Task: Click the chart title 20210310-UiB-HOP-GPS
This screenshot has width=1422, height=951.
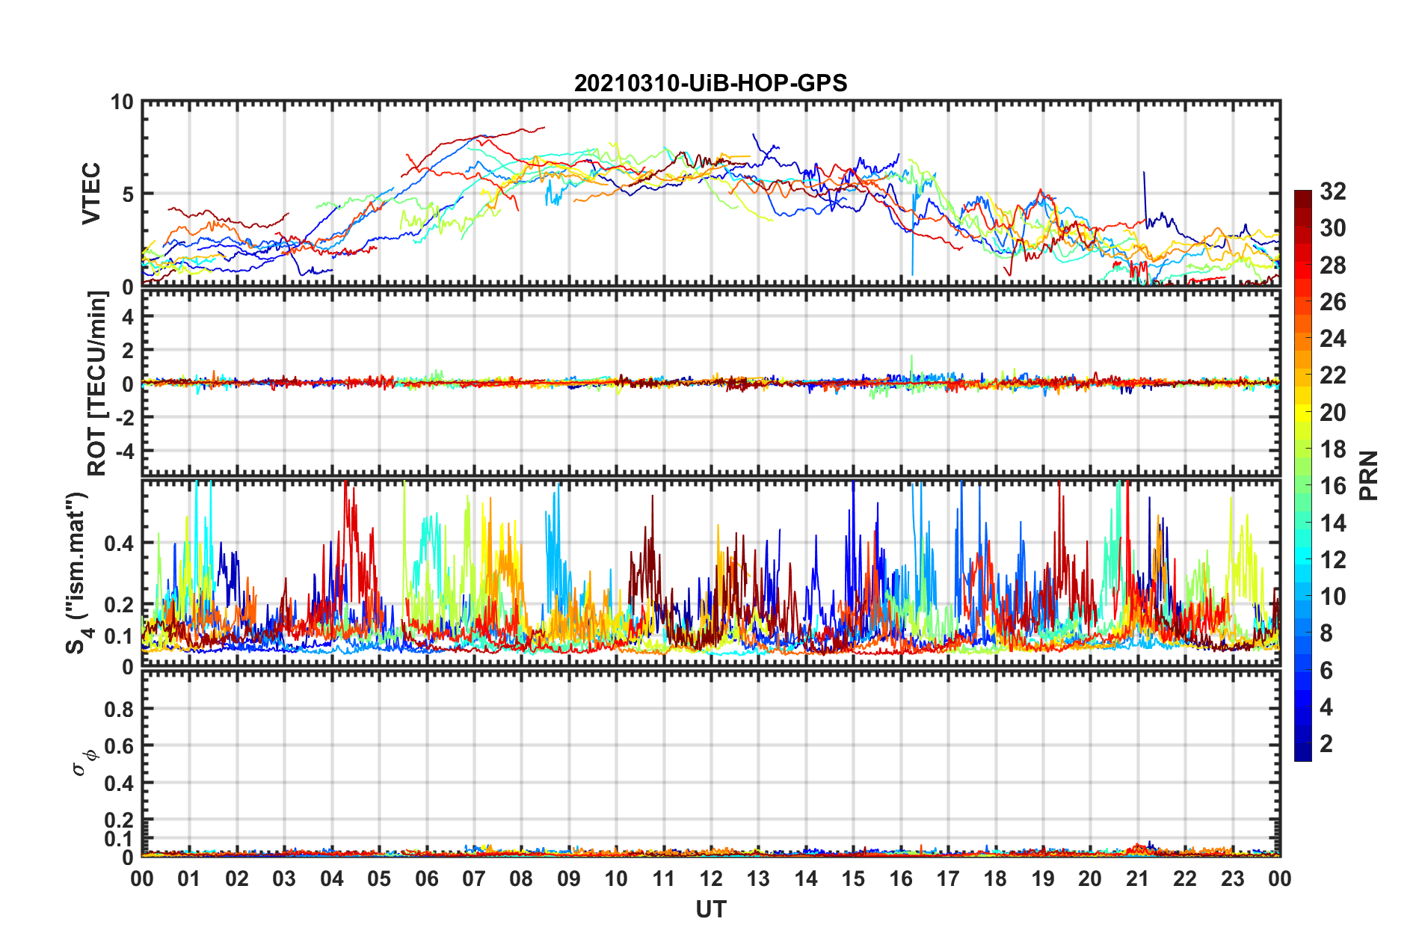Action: click(710, 83)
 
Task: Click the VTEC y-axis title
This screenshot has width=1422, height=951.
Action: click(91, 194)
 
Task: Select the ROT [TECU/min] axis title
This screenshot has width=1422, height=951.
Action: click(97, 384)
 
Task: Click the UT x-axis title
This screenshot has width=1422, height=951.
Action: click(710, 909)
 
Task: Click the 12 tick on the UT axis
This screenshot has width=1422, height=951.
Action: click(711, 878)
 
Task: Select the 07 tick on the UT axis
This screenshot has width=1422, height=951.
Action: click(474, 878)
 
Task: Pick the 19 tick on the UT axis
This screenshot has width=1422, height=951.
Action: click(1043, 878)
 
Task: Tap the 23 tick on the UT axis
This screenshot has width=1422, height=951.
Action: click(1233, 878)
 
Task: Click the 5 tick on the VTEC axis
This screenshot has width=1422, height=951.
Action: click(128, 194)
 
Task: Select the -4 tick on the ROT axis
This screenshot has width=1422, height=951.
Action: click(123, 452)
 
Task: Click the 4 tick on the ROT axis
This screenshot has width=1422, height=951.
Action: click(128, 317)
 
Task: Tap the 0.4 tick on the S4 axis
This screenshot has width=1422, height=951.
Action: click(119, 544)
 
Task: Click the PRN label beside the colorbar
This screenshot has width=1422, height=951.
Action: click(1369, 475)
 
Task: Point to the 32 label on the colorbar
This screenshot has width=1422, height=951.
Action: click(1332, 192)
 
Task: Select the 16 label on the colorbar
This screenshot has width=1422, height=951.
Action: click(1332, 487)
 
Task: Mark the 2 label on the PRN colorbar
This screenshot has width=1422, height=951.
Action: click(1326, 744)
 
